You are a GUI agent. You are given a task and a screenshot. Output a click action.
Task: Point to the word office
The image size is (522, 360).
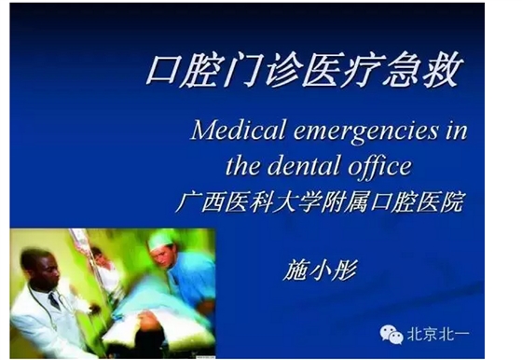point(383,167)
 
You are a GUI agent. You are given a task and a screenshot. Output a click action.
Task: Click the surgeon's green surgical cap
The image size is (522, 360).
point(160,239)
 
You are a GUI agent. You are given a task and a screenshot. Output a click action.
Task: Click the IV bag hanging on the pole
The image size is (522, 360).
point(81,244)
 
